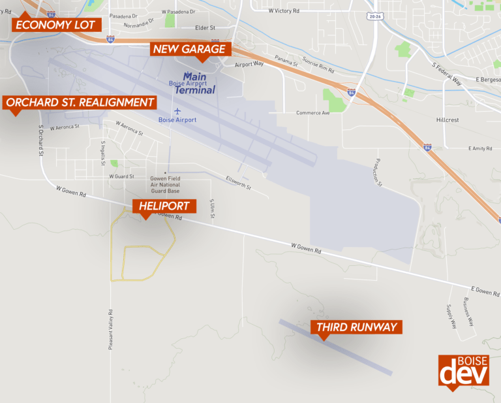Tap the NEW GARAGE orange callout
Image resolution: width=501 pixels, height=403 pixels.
(x=189, y=49)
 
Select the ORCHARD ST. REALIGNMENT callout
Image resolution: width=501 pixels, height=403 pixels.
(x=80, y=103)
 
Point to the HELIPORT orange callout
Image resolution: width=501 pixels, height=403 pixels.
(x=164, y=206)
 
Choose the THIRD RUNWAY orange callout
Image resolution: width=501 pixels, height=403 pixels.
(x=356, y=327)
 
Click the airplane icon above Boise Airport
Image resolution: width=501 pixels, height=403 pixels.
(x=177, y=110)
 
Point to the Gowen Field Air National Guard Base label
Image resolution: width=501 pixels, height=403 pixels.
(x=164, y=184)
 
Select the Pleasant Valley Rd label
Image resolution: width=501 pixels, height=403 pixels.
(x=112, y=329)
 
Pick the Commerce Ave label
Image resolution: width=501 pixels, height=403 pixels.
(x=313, y=112)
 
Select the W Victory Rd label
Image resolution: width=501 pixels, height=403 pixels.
(x=284, y=11)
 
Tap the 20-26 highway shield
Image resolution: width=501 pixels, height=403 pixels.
(x=374, y=16)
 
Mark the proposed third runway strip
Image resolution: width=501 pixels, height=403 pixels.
(x=336, y=347)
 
